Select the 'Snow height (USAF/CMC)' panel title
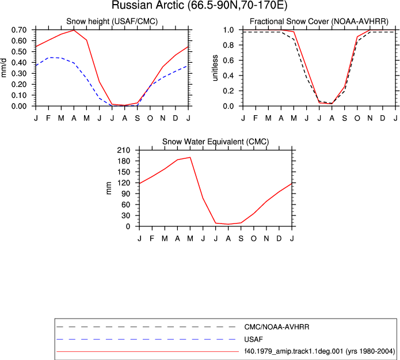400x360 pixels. [112, 21]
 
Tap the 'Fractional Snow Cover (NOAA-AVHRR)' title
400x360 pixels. [319, 21]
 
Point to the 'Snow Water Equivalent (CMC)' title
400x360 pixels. [216, 142]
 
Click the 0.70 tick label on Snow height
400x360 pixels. [19, 30]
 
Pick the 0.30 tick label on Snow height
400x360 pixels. [19, 74]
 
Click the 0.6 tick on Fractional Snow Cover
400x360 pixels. [228, 60]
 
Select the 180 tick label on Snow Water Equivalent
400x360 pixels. [124, 161]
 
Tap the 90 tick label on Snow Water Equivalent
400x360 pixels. [126, 194]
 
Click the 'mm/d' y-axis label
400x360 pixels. [4, 68]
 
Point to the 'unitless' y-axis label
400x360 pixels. [215, 68]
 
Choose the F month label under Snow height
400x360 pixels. [48, 118]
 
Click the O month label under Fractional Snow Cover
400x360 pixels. [357, 118]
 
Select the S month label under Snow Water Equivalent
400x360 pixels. [241, 238]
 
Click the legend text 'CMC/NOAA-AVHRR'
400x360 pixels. [277, 327]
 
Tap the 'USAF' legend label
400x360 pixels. [254, 339]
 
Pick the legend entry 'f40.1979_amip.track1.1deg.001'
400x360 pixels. [294, 351]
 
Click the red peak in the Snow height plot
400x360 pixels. [74, 30]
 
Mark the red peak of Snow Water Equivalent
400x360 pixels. [190, 157]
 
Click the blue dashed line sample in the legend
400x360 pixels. [146, 339]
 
